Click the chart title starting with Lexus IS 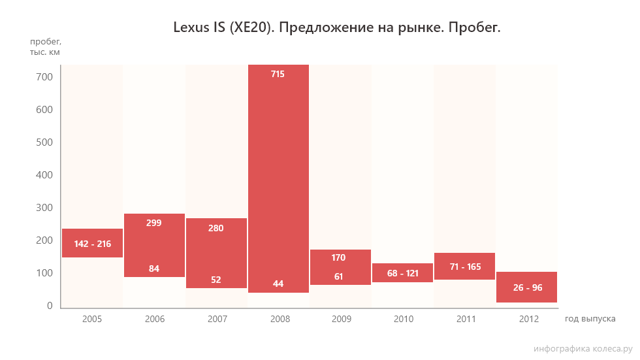tap(336, 27)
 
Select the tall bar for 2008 tap(278, 176)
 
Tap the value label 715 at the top tap(278, 74)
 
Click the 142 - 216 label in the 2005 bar tap(92, 244)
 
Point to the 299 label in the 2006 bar tap(154, 223)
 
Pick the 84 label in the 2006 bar tap(154, 269)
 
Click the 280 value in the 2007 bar tap(216, 228)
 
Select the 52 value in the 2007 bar tap(216, 280)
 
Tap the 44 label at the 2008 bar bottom tap(278, 284)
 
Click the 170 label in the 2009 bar tap(339, 257)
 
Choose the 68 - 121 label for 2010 tap(402, 273)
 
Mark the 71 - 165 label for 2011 tap(464, 267)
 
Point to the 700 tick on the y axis tap(44, 77)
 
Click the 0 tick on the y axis tap(49, 306)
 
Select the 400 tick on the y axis tap(44, 175)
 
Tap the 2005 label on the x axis tap(92, 319)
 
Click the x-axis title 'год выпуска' tap(590, 319)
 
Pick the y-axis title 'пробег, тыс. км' tap(45, 47)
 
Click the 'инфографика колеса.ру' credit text tap(583, 349)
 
